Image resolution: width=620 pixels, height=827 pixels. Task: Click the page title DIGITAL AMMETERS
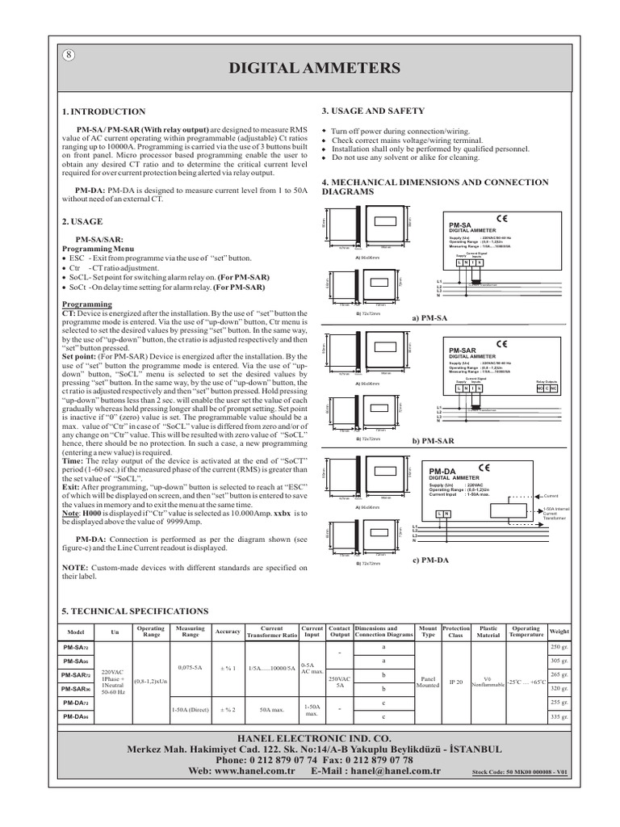(x=309, y=69)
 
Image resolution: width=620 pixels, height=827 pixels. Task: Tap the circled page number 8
(x=69, y=56)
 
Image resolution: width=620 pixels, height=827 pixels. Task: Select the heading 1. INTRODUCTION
(x=104, y=111)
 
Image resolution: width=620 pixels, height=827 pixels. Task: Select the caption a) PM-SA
(x=429, y=318)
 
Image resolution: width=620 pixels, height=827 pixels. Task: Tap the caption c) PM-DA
(x=430, y=559)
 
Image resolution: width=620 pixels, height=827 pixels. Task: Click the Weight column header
(x=559, y=630)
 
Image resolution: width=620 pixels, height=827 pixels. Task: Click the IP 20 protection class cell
(x=457, y=682)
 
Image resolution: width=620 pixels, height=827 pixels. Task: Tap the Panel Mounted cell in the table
(x=429, y=682)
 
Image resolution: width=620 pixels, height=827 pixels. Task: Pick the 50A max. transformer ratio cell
(x=270, y=709)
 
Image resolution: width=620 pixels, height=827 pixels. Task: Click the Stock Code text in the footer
(x=521, y=773)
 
